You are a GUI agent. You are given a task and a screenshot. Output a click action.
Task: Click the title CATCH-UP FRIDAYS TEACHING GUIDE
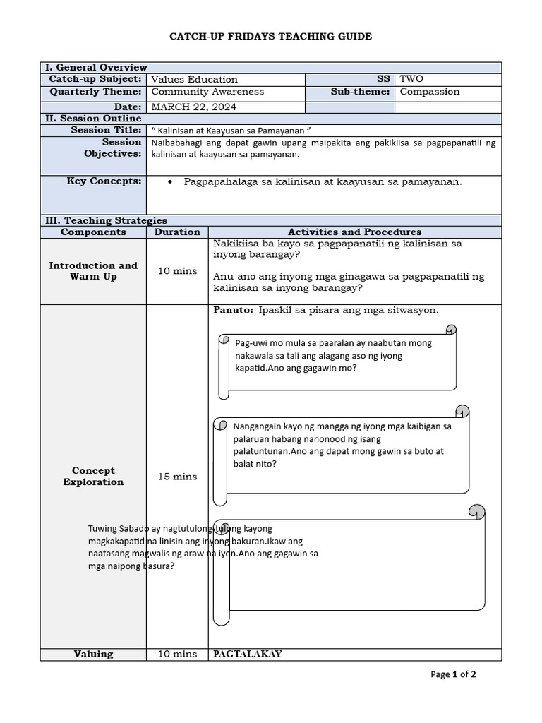coord(270,36)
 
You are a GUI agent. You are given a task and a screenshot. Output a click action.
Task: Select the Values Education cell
coord(195,80)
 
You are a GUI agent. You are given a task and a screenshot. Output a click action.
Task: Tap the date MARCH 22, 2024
coord(194,107)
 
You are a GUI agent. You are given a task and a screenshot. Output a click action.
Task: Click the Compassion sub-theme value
coord(429,92)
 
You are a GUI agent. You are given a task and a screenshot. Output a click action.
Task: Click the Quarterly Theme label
coord(95,92)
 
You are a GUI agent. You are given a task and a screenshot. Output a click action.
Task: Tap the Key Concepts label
coord(104,181)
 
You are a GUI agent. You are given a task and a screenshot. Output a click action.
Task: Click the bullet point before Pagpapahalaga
coord(171,182)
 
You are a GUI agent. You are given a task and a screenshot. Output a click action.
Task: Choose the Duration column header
coord(177,232)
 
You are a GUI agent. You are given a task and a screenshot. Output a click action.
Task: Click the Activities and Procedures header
coord(354,232)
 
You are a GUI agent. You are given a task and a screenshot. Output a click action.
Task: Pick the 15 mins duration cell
coord(177,477)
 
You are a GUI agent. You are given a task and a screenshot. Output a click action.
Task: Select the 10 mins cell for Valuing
coord(177,655)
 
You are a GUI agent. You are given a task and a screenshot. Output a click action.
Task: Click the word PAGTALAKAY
coord(248,655)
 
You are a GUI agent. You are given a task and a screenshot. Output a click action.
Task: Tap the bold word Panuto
coord(233,311)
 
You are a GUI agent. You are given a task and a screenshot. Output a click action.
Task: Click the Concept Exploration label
coord(93,477)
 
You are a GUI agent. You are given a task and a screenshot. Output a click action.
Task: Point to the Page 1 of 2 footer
coord(453,674)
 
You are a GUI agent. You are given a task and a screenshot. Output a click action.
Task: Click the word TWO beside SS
coord(411,79)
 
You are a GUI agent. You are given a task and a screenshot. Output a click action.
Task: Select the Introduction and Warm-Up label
coord(93,271)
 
